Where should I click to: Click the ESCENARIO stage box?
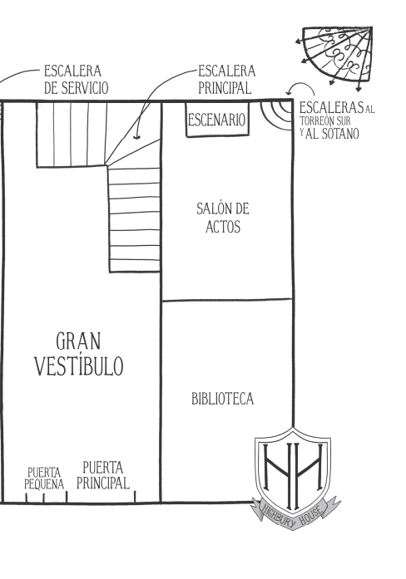(217, 120)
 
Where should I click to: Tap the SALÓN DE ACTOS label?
(223, 218)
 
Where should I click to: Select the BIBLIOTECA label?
(223, 399)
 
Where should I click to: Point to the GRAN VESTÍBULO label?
(79, 354)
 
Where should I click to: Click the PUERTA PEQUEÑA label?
(44, 478)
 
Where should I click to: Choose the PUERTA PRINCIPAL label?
(103, 475)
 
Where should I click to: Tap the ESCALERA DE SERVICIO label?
(77, 80)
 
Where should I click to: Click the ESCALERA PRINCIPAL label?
(226, 80)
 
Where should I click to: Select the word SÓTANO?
(339, 134)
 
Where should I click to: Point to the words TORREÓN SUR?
(325, 120)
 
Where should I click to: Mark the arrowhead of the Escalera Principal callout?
(136, 137)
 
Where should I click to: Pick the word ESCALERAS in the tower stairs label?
(331, 108)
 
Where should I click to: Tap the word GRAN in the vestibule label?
(78, 341)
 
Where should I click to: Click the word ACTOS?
(223, 227)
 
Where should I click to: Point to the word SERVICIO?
(85, 88)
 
